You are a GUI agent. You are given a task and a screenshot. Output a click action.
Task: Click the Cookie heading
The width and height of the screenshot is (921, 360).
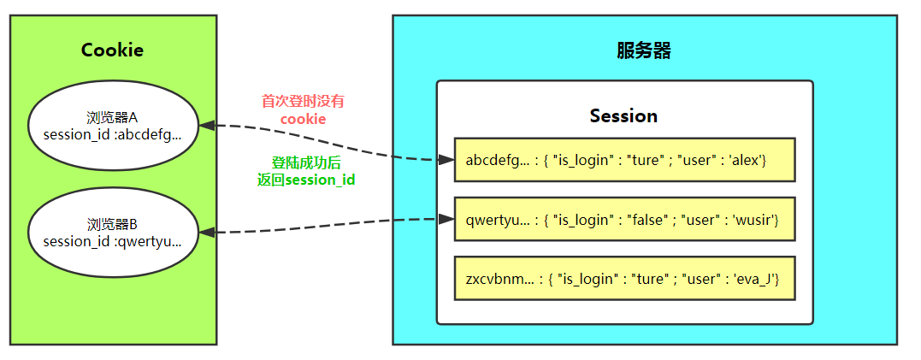[x=112, y=50]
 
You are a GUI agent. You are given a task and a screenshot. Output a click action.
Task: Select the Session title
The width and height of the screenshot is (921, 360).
[x=623, y=115]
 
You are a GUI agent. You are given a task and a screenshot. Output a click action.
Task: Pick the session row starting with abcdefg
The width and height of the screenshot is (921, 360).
[x=624, y=160]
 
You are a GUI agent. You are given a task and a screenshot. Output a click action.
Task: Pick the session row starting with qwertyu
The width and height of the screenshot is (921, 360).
[x=624, y=220]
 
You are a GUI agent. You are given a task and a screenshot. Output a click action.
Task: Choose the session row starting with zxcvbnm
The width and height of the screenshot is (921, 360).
[x=624, y=279]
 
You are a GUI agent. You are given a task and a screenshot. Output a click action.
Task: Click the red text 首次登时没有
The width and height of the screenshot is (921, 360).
[x=303, y=101]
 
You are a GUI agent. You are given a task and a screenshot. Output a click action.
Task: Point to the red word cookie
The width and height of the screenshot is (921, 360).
[x=303, y=119]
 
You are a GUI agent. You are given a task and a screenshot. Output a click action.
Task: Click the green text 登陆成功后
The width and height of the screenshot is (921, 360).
[x=306, y=162]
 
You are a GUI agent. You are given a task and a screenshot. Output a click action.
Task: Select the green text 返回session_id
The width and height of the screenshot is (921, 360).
[x=306, y=180]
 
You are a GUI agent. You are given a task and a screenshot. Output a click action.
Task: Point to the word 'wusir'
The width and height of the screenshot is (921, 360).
[x=754, y=220]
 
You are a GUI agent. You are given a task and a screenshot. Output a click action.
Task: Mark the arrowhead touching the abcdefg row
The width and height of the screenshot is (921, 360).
[x=445, y=160]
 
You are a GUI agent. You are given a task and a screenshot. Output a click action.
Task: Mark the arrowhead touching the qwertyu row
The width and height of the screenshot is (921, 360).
[x=445, y=219]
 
